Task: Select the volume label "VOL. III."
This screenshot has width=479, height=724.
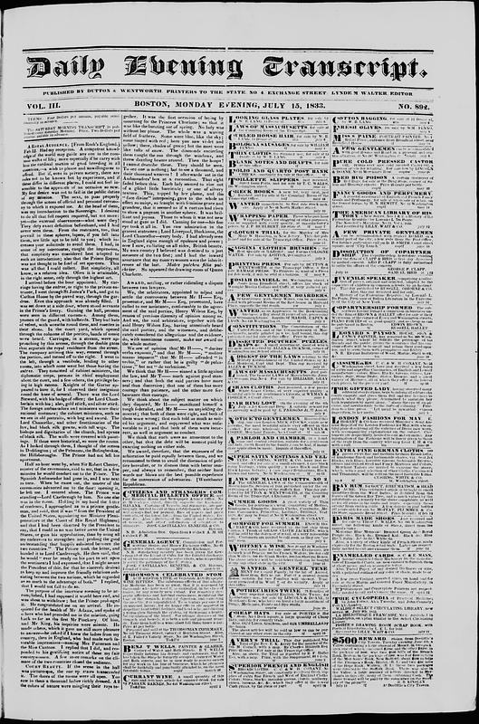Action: [47, 105]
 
